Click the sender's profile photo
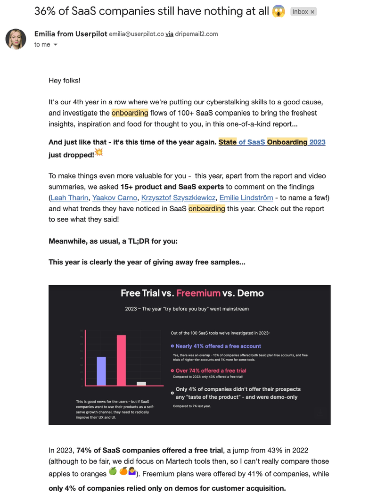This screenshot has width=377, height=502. point(16,39)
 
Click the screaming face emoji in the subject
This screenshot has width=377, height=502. point(279,11)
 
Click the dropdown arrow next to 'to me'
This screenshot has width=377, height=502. point(56,45)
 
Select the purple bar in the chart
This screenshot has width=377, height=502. point(101,371)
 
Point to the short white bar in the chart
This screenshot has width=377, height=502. point(141,384)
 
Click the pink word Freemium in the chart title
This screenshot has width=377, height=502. point(198,293)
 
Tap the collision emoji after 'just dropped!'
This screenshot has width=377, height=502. point(98,152)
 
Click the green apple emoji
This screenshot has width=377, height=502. point(113,471)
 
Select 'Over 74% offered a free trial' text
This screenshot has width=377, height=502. point(211,370)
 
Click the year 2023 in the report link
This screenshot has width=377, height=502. point(317,142)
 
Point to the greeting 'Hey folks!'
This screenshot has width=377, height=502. point(65,81)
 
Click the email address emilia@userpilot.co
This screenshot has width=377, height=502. point(136,34)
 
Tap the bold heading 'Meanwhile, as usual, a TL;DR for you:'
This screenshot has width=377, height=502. point(113,241)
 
